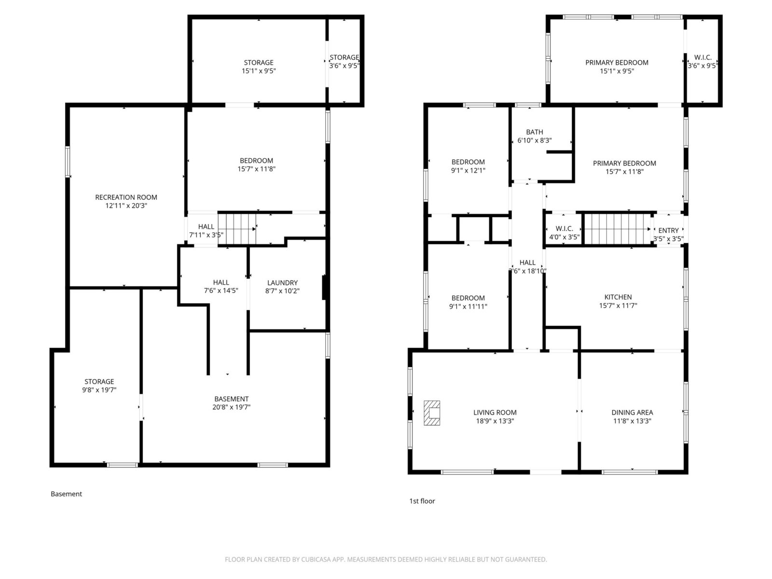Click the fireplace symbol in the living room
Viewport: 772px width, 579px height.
(x=432, y=413)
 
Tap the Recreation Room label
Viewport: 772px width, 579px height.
(x=126, y=197)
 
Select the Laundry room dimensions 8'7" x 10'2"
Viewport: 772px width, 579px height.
(x=282, y=291)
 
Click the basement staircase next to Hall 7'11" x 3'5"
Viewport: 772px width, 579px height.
(x=237, y=229)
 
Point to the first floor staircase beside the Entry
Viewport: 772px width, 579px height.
(x=617, y=229)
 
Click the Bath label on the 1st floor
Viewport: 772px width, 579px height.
(x=534, y=132)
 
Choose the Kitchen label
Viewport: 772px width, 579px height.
(x=618, y=297)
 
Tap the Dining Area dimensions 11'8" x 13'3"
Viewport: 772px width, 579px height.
(x=632, y=421)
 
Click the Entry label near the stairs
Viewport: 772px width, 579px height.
(x=668, y=231)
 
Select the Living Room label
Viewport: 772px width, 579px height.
(x=495, y=413)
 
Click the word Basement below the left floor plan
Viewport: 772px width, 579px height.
(x=66, y=494)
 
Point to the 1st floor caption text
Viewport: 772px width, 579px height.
(x=422, y=501)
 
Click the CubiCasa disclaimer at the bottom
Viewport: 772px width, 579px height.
(x=386, y=560)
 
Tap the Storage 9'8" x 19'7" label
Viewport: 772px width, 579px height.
(x=99, y=386)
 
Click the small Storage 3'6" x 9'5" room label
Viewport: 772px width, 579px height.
(x=344, y=62)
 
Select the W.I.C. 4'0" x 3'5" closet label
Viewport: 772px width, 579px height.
(x=564, y=233)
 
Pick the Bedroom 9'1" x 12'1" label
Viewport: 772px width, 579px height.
(x=468, y=165)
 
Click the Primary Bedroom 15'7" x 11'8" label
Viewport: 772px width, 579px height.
(x=624, y=167)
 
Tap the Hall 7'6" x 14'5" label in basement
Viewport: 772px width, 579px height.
(x=221, y=286)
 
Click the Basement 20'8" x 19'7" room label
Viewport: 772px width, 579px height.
(x=232, y=402)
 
